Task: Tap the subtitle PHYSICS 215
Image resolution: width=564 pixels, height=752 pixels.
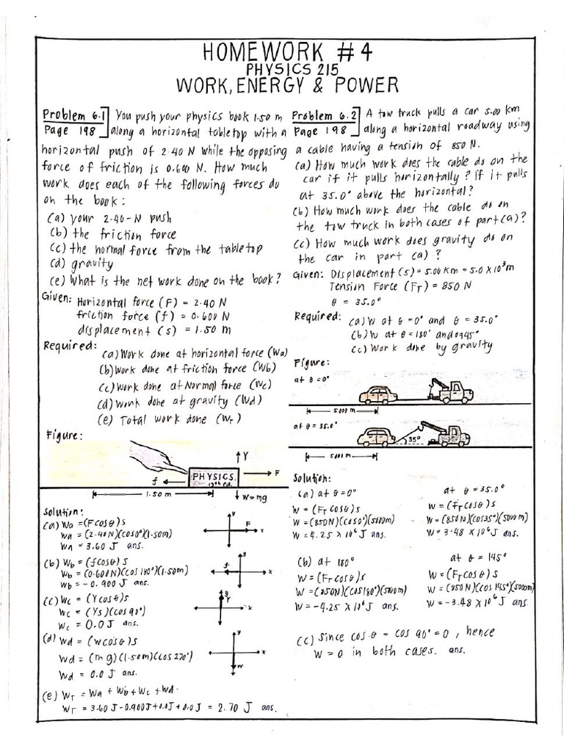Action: (292, 70)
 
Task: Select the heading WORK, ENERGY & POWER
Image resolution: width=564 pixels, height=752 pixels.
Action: (292, 86)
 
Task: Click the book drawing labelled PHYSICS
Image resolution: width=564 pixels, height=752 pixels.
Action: (213, 478)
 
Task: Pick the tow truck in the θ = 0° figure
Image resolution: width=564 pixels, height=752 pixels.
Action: (452, 391)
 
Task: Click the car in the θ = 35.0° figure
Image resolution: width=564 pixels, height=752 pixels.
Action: (376, 437)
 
